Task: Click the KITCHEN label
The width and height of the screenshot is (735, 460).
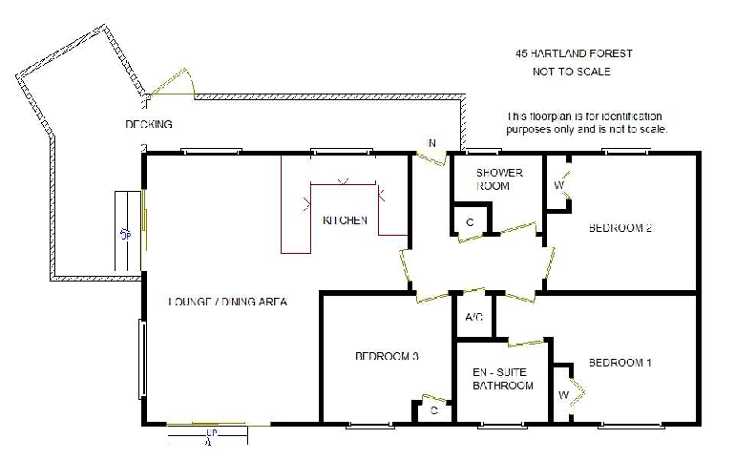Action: [x=345, y=220]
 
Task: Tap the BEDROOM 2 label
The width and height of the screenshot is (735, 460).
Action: [x=619, y=227]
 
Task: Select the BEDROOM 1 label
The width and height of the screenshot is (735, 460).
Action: [x=619, y=363]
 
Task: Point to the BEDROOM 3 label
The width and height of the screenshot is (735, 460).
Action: [x=388, y=356]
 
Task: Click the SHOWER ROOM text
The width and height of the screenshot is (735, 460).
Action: [x=499, y=179]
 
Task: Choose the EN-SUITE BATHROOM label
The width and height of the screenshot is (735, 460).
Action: [x=502, y=378]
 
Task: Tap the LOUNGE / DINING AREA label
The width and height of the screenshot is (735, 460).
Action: [x=227, y=302]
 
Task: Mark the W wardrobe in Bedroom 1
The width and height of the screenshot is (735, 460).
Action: [x=563, y=392]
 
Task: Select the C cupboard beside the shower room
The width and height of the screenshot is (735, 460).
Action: [x=470, y=221]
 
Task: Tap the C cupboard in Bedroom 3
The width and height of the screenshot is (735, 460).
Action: [x=433, y=410]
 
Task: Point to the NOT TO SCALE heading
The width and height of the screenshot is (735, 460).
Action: [x=571, y=72]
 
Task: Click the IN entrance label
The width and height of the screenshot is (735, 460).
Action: [x=430, y=144]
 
